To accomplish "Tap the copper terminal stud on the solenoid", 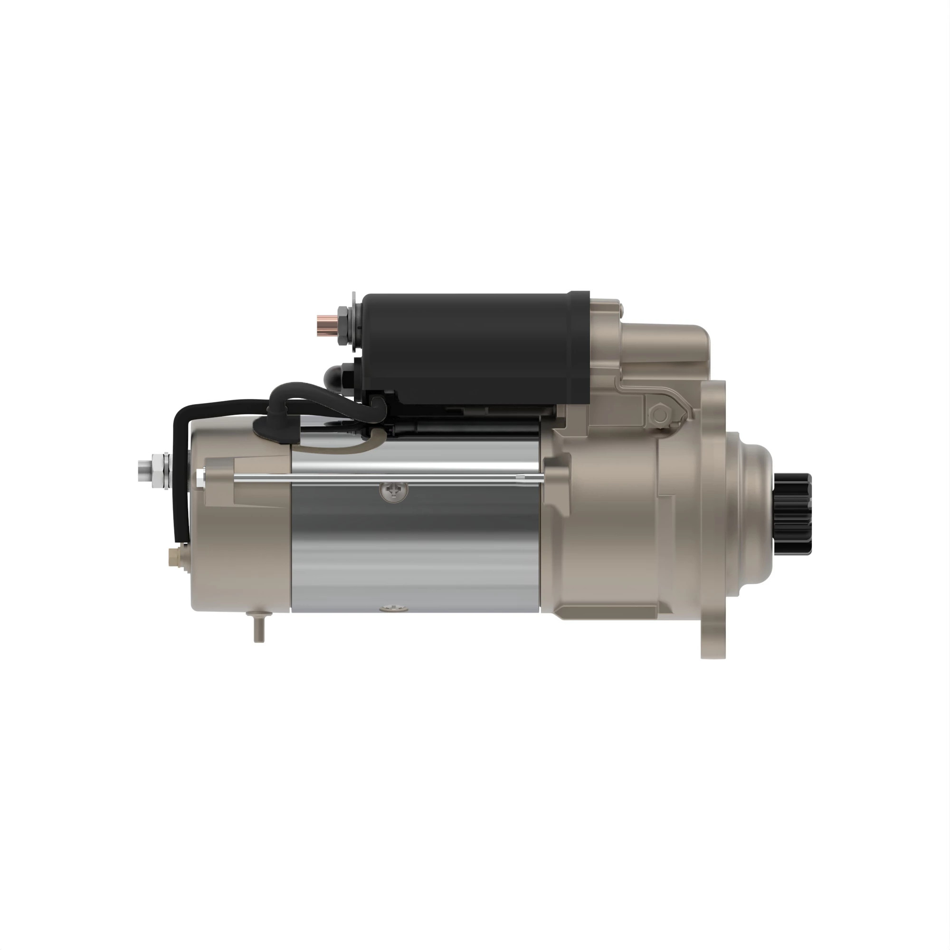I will pos(325,323).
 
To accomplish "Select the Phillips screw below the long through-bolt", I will pos(394,490).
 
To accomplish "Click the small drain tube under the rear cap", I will pos(259,629).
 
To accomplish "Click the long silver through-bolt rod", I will pos(383,476).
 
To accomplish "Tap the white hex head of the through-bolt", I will pos(200,476).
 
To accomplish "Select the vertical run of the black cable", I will pos(180,492).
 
